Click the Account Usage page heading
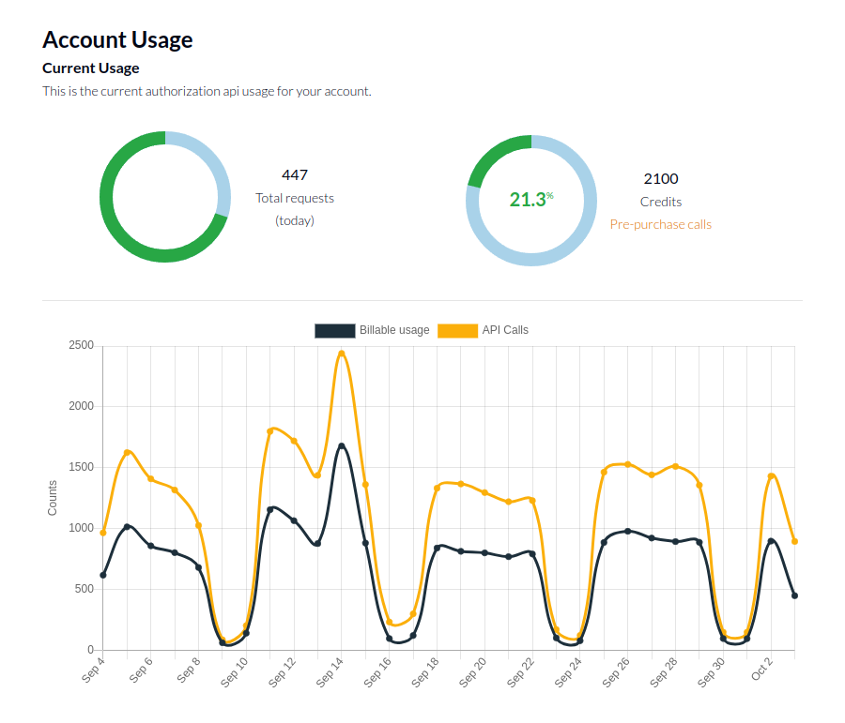coord(117,40)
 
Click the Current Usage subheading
coord(90,68)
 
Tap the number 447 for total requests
coord(295,174)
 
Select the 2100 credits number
coord(661,178)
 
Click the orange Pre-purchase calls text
coord(661,224)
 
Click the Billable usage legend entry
coord(373,330)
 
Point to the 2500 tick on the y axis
coord(81,346)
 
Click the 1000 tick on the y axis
coord(81,529)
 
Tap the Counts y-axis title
coord(53,498)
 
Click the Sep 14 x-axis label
coord(330,672)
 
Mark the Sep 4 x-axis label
coord(94,670)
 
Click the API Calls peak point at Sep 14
coord(342,354)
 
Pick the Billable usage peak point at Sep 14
coord(342,446)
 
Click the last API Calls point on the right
coord(794,541)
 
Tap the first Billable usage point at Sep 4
coord(103,575)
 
